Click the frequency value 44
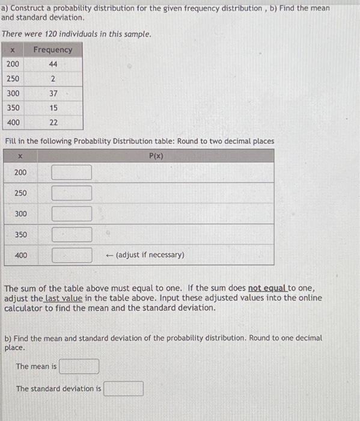[x=53, y=64]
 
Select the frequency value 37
[x=53, y=93]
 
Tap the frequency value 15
[x=53, y=108]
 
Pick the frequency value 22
[x=53, y=122]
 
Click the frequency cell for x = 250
[x=53, y=79]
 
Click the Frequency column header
[x=53, y=50]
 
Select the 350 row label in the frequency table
[x=13, y=108]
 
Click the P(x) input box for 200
[x=72, y=173]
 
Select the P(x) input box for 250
[x=72, y=193]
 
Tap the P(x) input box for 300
[x=72, y=214]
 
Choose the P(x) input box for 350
[x=72, y=235]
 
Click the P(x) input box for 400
[x=72, y=255]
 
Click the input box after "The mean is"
[x=79, y=366]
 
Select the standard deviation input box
[x=123, y=389]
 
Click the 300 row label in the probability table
[x=20, y=214]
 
